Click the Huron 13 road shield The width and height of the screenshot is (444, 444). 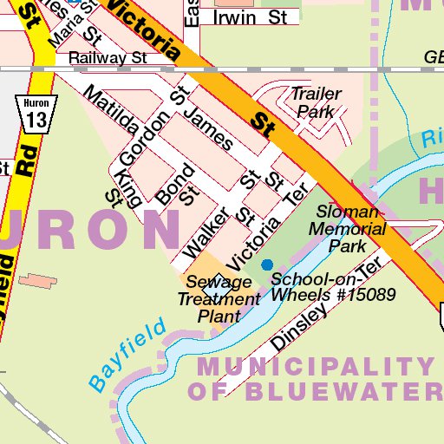(x=36, y=114)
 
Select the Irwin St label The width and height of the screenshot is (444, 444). (x=250, y=16)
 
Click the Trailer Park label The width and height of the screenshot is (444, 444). (x=316, y=102)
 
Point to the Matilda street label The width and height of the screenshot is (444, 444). (x=111, y=110)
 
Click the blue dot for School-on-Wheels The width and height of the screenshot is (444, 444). (x=267, y=264)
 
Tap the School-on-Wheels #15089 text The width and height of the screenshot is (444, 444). (x=333, y=287)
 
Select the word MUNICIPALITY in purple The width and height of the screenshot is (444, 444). (x=315, y=366)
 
